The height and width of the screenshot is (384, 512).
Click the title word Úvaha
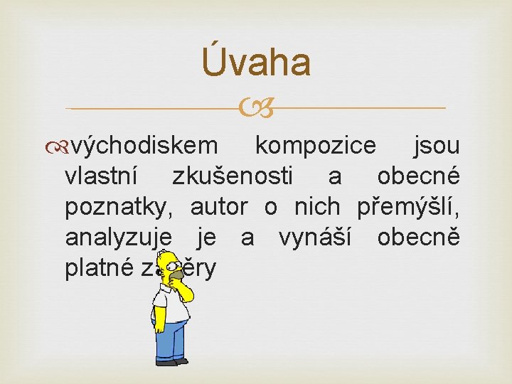tap(256, 61)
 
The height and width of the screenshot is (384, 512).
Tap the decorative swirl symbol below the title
tap(256, 109)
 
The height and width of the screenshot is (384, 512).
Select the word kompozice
tap(316, 146)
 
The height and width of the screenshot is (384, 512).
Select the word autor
tap(219, 208)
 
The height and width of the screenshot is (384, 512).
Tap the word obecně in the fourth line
tap(418, 238)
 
